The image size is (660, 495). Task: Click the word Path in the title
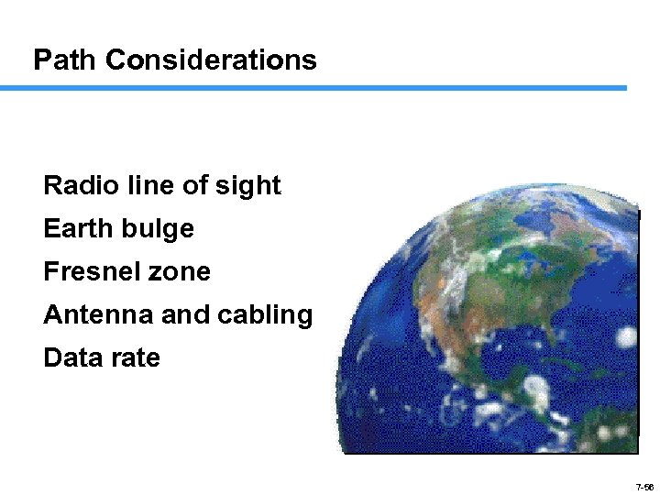(x=65, y=60)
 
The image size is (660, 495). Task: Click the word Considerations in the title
(x=211, y=60)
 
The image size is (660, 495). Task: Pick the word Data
(x=71, y=357)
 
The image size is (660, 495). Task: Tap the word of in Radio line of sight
(x=195, y=186)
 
